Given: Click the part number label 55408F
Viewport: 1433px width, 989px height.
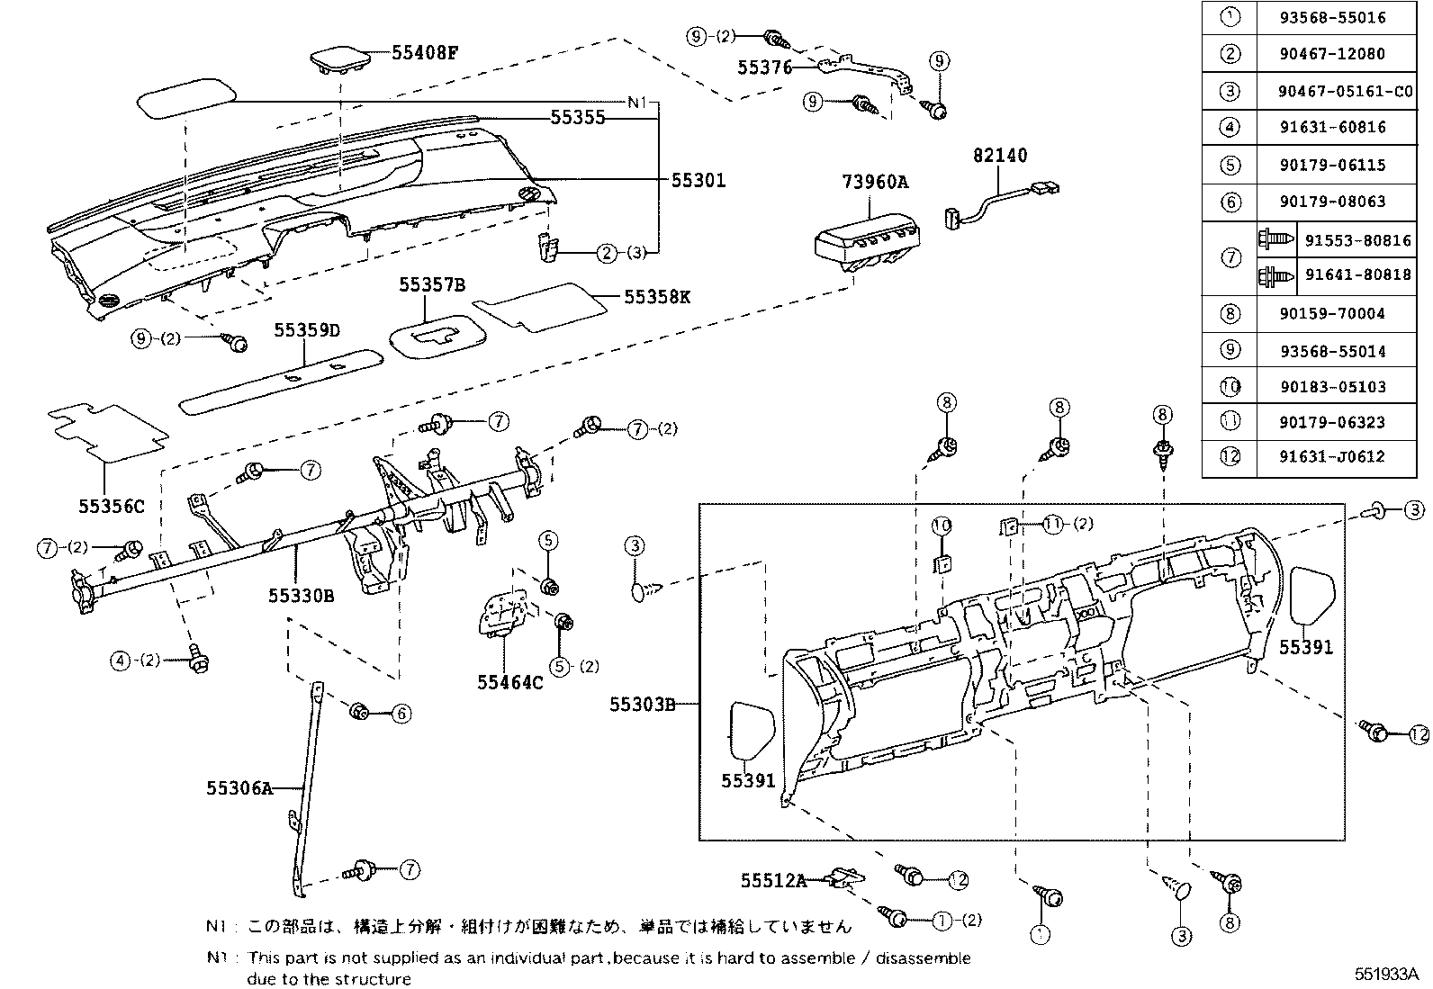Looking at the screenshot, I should click(x=425, y=52).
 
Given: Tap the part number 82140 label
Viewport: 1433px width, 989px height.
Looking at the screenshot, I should click(x=1000, y=156).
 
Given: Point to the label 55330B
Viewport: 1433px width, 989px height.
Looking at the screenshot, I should click(x=301, y=595).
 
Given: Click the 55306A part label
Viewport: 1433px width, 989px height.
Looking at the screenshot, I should click(x=239, y=788).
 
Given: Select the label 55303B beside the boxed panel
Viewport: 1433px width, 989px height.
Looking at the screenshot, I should click(x=642, y=704).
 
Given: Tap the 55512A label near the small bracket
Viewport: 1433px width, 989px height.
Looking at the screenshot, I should click(x=773, y=880).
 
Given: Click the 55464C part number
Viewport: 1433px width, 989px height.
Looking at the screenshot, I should click(x=510, y=682).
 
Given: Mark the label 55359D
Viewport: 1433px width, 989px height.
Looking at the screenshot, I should click(x=307, y=330).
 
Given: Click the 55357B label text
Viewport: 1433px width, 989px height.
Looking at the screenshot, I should click(x=433, y=285).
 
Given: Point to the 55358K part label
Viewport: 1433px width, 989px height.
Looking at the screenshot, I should click(x=657, y=296).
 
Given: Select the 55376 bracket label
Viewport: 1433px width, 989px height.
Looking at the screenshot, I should click(x=764, y=67).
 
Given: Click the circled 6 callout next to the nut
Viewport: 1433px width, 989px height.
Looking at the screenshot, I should click(x=401, y=714).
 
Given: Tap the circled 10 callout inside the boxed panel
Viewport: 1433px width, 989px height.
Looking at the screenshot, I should click(x=942, y=525).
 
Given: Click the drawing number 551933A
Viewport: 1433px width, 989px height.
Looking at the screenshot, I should click(x=1387, y=974).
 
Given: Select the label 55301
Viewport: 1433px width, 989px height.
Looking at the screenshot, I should click(x=698, y=180).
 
